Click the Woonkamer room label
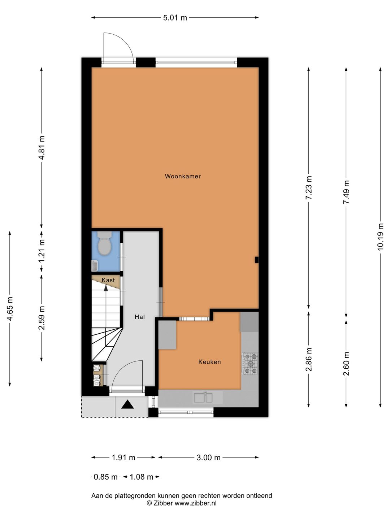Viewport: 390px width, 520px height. (183, 176)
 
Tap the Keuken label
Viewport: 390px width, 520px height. (209, 362)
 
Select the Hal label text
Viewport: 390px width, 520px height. (139, 317)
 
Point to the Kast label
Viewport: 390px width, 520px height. (108, 280)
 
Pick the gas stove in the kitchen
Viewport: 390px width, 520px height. (250, 364)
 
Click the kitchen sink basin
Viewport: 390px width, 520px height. (203, 398)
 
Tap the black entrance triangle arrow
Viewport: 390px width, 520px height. (127, 404)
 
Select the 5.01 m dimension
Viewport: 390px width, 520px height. (175, 18)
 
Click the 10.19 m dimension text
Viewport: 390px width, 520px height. (380, 237)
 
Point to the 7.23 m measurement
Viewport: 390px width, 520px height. (308, 188)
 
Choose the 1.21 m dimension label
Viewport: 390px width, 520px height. (42, 251)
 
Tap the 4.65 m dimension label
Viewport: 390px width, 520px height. (10, 309)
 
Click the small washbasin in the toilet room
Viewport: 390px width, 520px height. (95, 266)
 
